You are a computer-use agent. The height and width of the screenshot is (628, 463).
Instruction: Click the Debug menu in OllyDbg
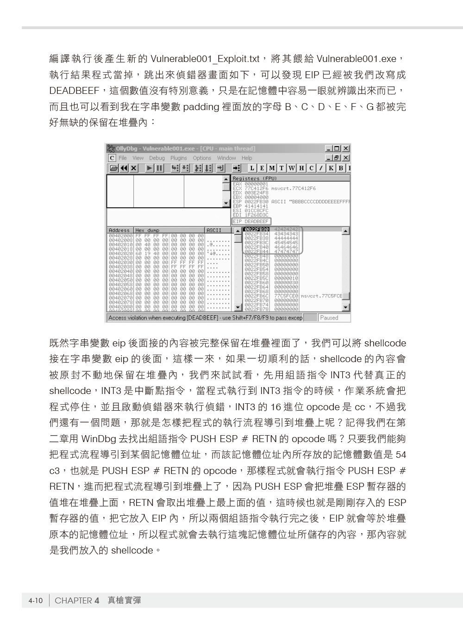point(157,158)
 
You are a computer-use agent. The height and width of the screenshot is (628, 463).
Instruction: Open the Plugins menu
point(179,158)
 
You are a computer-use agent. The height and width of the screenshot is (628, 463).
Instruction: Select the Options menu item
point(202,158)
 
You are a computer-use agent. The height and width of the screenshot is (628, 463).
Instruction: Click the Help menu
point(247,158)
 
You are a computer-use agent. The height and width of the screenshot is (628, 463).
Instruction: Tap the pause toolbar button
point(159,168)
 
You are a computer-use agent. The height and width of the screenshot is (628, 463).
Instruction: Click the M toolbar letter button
point(272,168)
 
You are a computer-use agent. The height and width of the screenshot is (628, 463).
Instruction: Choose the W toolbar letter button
point(292,168)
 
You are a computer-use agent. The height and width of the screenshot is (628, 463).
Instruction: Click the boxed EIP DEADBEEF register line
point(251,222)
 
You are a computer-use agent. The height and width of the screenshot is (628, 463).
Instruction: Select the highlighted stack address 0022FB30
point(257,229)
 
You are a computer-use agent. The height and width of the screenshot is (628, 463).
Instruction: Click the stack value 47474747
point(286,252)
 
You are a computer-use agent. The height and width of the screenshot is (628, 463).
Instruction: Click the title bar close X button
point(345,148)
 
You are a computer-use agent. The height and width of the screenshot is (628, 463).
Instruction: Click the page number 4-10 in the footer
point(35,601)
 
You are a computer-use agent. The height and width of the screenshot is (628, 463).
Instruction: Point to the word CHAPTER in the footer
point(73,601)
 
